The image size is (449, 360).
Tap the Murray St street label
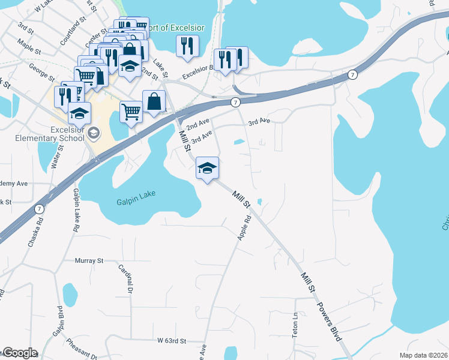[x=89, y=261]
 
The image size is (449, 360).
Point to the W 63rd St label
[x=172, y=341]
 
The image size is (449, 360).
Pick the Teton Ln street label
[x=295, y=325]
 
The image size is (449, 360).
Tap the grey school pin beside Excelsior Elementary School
[x=93, y=132]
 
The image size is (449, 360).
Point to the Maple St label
[x=29, y=47]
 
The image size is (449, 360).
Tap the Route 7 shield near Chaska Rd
[x=39, y=209]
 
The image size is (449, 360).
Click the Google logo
[x=19, y=353]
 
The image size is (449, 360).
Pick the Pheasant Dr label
[x=83, y=349]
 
